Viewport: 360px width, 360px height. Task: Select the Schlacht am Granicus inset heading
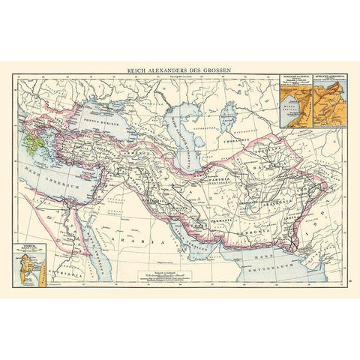pyautogui.click(x=326, y=78)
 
